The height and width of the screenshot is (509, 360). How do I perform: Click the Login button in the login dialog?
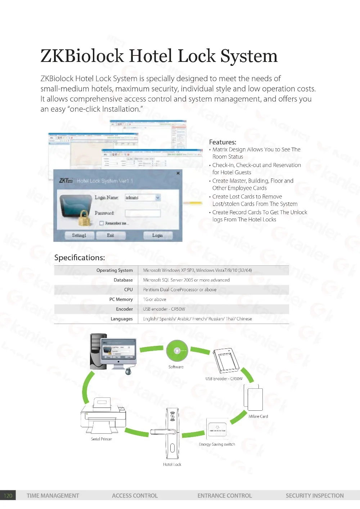158,235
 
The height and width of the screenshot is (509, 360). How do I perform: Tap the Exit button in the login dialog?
111,235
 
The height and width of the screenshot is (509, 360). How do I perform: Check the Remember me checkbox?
102,223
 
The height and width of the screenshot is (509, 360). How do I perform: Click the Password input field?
143,213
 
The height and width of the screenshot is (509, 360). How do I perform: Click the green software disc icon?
177,351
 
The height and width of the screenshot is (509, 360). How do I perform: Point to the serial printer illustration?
103,416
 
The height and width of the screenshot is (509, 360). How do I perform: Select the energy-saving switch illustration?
217,429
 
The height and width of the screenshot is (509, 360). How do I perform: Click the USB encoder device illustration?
226,361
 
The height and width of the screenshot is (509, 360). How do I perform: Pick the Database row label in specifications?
123,280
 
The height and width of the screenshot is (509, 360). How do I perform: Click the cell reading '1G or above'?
155,299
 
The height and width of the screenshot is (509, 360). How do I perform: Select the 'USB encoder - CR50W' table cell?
164,309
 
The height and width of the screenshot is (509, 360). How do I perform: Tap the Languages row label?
122,319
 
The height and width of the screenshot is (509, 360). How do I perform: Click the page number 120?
8,496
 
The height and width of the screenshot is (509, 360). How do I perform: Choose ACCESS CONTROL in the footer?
135,496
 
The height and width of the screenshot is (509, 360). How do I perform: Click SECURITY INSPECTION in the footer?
315,496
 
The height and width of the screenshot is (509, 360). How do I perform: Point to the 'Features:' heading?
222,142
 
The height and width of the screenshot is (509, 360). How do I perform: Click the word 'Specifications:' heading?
80,258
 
